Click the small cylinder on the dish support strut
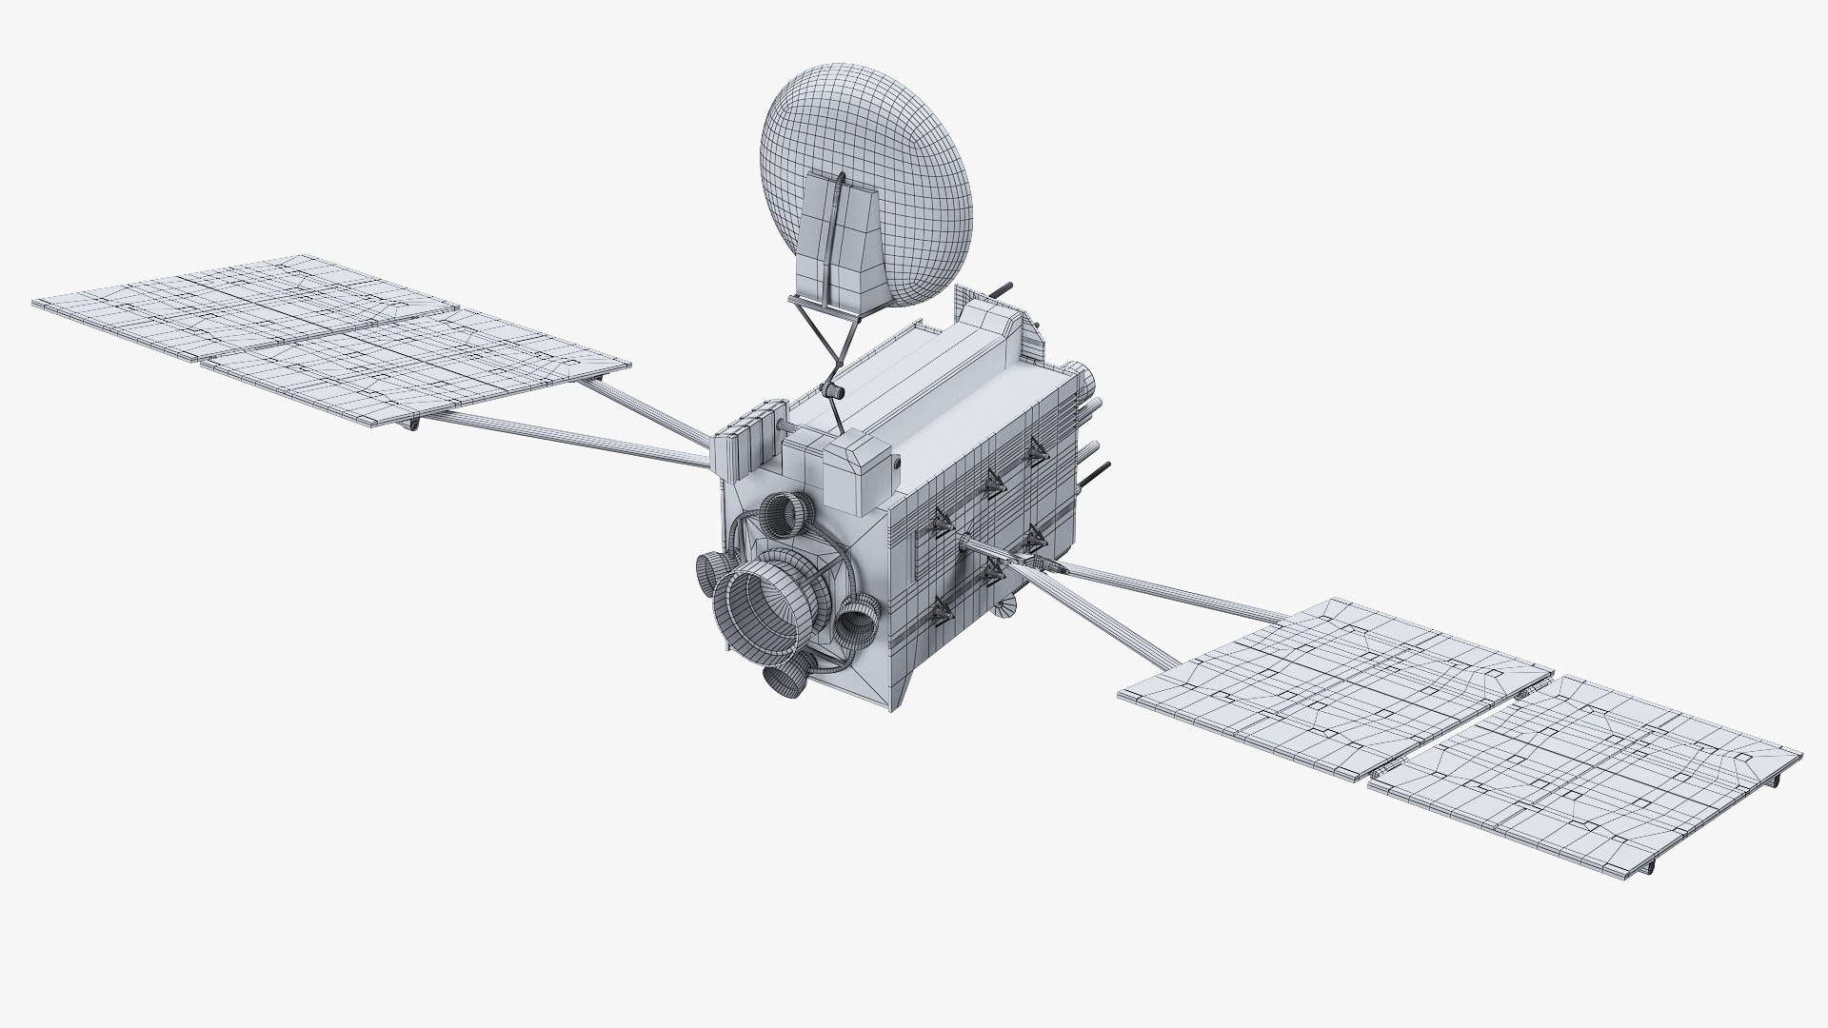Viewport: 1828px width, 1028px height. [x=833, y=391]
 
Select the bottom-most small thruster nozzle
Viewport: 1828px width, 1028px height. [x=785, y=677]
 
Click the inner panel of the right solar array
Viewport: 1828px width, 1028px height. [x=1333, y=671]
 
